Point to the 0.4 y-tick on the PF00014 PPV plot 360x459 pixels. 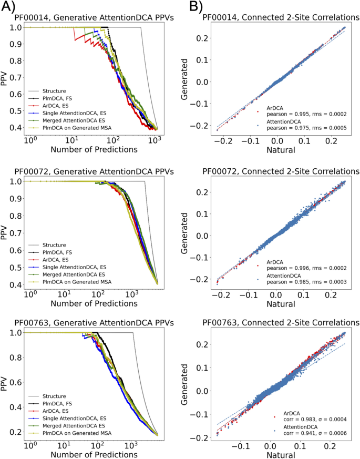[x=16, y=128]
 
